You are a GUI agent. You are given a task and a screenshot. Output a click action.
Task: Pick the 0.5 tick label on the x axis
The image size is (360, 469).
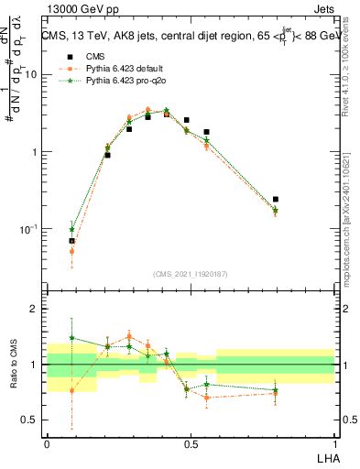(191, 443)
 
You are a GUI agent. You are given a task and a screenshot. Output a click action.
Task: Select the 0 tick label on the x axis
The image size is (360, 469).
(47, 443)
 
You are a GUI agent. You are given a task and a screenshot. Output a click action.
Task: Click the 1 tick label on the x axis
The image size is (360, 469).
(334, 443)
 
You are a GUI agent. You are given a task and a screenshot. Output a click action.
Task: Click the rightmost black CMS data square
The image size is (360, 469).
(276, 199)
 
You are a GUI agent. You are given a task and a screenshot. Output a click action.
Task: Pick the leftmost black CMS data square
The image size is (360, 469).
(71, 241)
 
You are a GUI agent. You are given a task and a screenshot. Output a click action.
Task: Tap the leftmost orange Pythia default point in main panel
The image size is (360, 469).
(71, 251)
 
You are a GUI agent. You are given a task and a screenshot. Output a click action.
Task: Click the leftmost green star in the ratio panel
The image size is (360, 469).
(71, 337)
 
